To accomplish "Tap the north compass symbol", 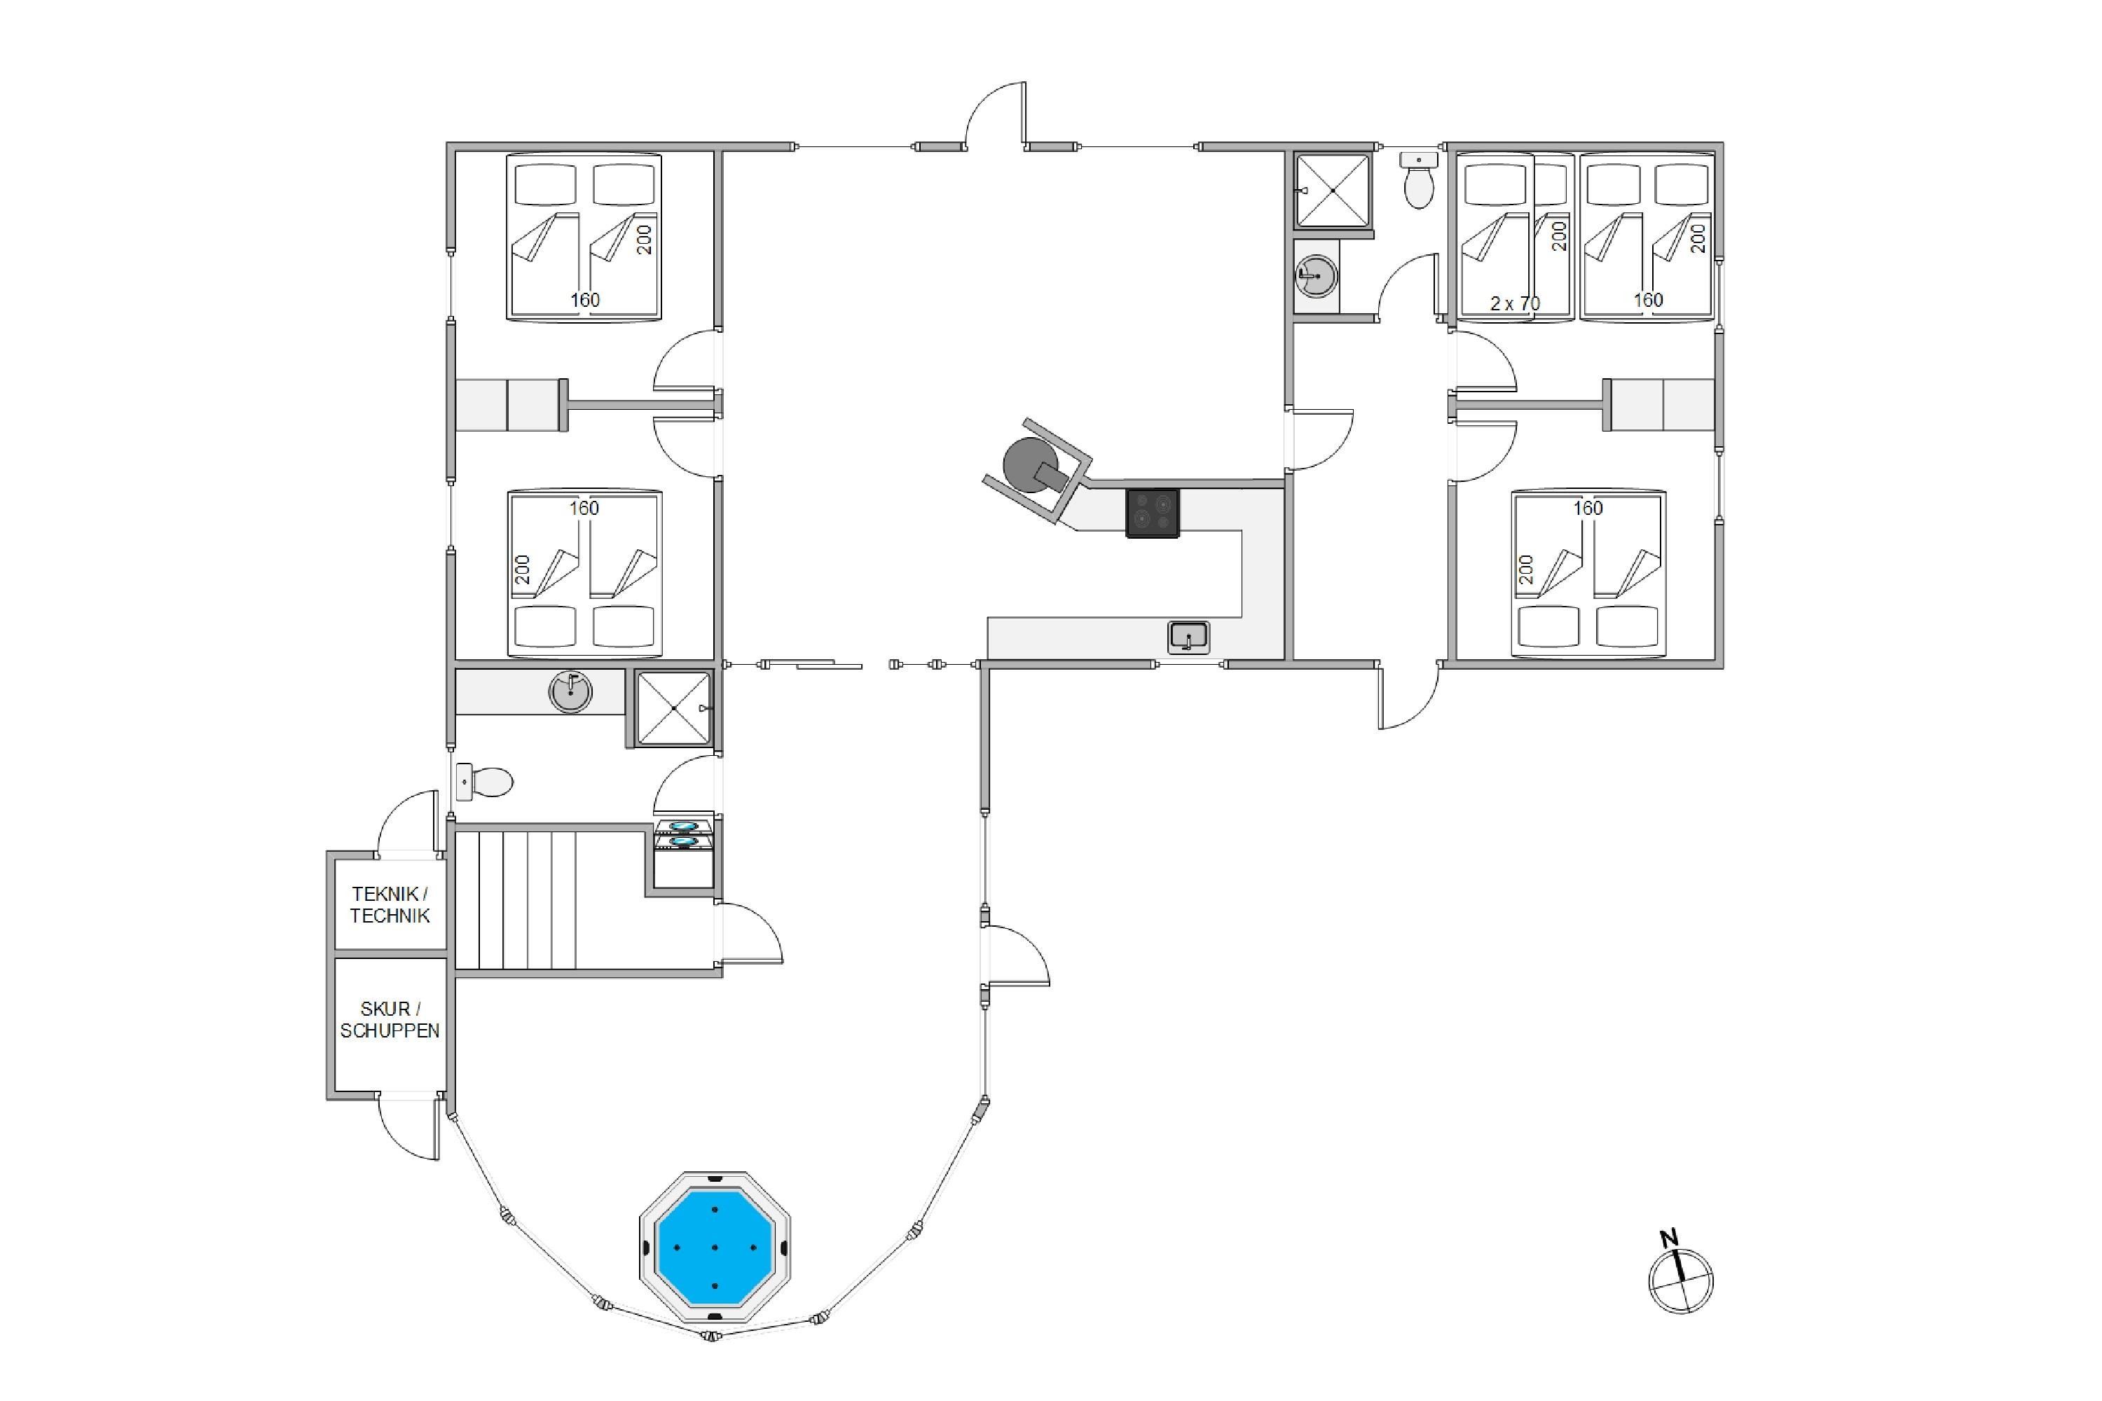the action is tap(1680, 1281).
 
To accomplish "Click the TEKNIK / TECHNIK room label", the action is tap(390, 904).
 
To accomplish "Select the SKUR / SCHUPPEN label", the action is tap(390, 1019).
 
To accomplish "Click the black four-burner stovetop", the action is tap(1152, 513).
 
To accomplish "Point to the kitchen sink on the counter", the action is tap(1188, 637).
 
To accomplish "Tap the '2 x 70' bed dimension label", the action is tap(1515, 303).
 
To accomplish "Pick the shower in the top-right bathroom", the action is tap(1333, 191).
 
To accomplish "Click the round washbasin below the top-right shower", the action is tap(1317, 276).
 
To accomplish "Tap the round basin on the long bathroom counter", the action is tap(570, 691).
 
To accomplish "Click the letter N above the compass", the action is tap(1668, 1238).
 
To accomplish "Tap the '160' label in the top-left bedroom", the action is tap(585, 301).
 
